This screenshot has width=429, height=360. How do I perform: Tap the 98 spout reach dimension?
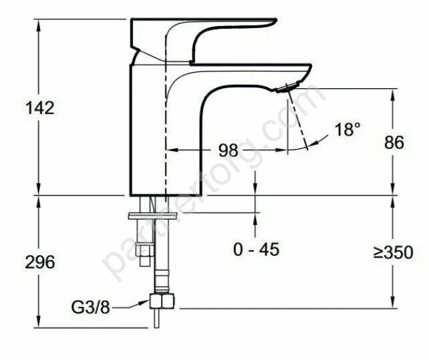click(x=228, y=150)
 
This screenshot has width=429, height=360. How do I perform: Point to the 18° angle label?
click(x=347, y=129)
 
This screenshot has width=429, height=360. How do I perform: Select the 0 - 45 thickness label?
click(x=256, y=250)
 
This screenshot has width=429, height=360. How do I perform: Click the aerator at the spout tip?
click(x=285, y=87)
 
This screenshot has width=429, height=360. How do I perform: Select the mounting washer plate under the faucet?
click(x=153, y=215)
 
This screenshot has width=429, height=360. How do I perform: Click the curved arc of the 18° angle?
click(x=321, y=139)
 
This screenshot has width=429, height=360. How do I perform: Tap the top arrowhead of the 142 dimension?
click(x=39, y=23)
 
